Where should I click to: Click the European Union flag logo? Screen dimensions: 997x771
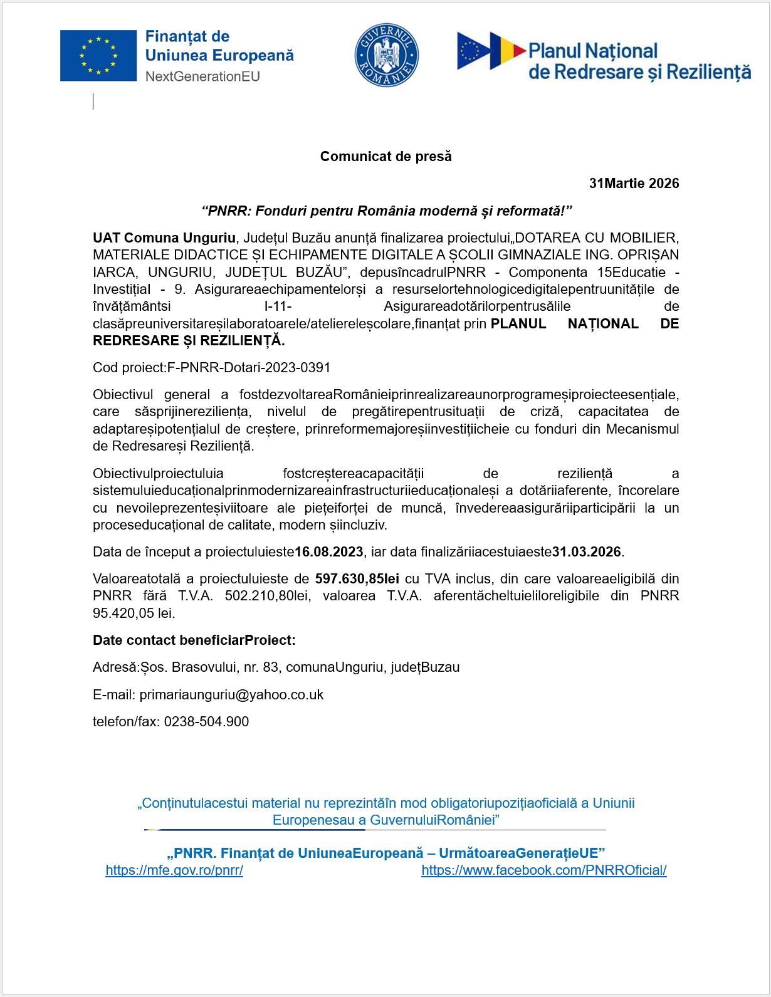(x=98, y=56)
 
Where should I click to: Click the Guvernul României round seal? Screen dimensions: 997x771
(x=386, y=56)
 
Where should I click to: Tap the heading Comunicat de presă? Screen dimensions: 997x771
(x=385, y=157)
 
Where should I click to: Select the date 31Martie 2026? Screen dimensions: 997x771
(x=634, y=184)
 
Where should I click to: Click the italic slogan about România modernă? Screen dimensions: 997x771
(x=387, y=211)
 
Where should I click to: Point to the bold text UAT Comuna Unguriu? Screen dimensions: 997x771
(x=164, y=238)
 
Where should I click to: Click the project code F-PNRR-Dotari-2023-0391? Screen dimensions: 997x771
(x=249, y=368)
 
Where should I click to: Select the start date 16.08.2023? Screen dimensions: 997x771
(x=329, y=552)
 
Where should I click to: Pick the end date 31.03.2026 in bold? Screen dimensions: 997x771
(x=587, y=552)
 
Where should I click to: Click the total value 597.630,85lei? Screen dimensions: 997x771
(x=357, y=579)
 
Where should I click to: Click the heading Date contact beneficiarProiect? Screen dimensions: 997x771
(x=194, y=640)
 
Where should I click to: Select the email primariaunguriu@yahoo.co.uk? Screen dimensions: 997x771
(x=231, y=695)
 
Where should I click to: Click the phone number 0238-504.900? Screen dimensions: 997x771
(x=206, y=722)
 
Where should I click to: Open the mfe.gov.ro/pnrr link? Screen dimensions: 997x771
(x=174, y=870)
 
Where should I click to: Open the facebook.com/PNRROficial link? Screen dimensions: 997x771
(x=543, y=870)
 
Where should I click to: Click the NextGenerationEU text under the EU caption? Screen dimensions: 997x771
(x=202, y=76)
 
